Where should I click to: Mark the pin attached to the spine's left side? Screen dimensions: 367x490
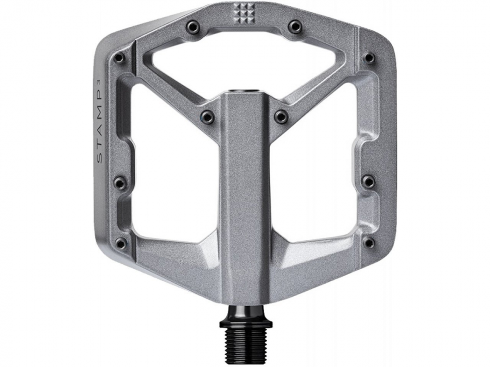[208, 116]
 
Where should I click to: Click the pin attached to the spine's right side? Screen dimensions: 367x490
[281, 116]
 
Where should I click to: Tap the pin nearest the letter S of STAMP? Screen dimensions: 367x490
[120, 183]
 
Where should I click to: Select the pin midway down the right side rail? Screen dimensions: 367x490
[368, 182]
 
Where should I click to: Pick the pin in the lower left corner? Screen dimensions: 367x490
[120, 243]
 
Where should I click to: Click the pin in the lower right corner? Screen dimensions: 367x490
[369, 243]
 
